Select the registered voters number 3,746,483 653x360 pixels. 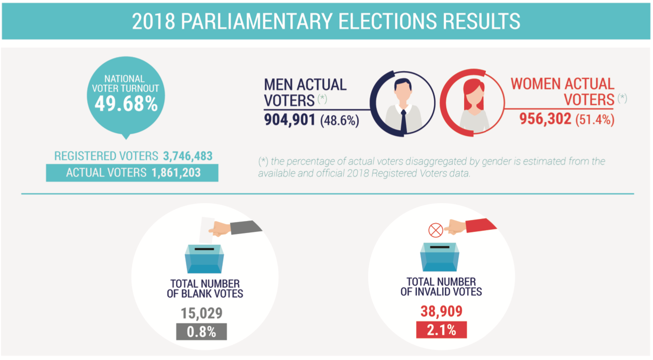(x=187, y=156)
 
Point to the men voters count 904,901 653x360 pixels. (x=290, y=120)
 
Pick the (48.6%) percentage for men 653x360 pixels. (x=339, y=120)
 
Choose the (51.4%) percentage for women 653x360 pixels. (x=595, y=120)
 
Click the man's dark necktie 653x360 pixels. (x=403, y=120)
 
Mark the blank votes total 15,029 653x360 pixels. (x=202, y=313)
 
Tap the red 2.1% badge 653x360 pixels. (x=441, y=330)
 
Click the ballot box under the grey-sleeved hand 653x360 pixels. (x=205, y=259)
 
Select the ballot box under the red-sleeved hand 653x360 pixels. (x=440, y=256)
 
